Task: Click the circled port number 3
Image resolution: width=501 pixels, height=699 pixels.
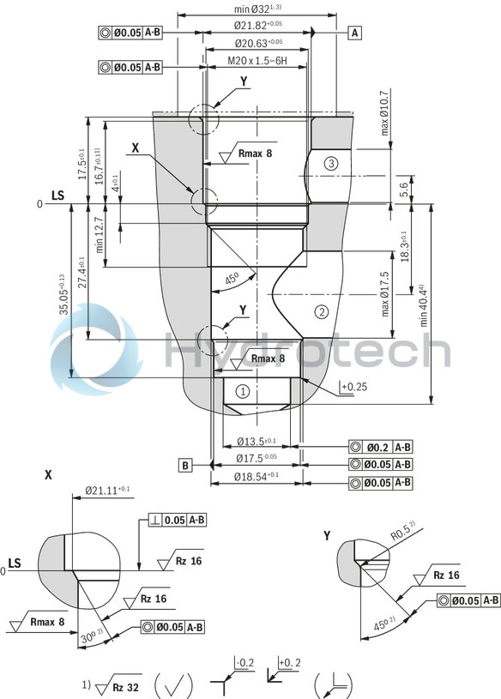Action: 331,163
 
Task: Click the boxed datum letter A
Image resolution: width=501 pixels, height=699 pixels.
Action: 354,33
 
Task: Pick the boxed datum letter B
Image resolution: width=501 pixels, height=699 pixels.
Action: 184,465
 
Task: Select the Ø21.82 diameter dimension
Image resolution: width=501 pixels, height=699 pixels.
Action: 258,27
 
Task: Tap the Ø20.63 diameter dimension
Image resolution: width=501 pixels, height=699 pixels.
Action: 258,44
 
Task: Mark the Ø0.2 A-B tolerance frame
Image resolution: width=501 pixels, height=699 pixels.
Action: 381,447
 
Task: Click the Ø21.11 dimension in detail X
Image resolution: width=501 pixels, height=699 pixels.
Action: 108,490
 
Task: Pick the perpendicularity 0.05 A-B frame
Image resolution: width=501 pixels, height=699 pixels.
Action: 174,520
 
